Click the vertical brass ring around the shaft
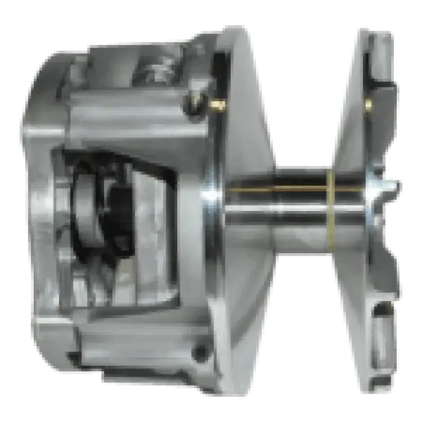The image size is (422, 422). tap(331, 206)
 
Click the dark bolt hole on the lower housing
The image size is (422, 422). tap(199, 351)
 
